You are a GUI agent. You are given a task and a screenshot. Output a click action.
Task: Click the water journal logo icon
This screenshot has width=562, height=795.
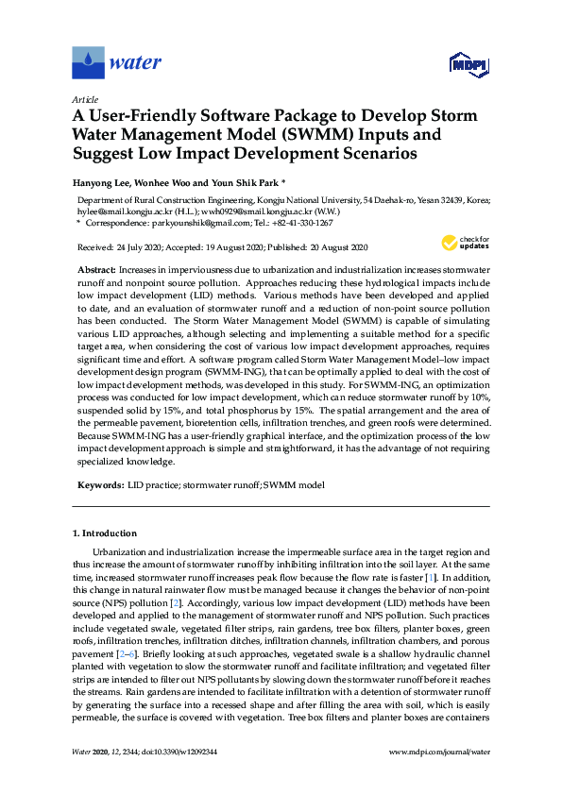(x=88, y=63)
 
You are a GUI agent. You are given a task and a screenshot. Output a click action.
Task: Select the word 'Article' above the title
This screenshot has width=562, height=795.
(x=85, y=99)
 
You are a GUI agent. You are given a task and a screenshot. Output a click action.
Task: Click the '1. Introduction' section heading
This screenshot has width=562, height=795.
(x=105, y=533)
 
